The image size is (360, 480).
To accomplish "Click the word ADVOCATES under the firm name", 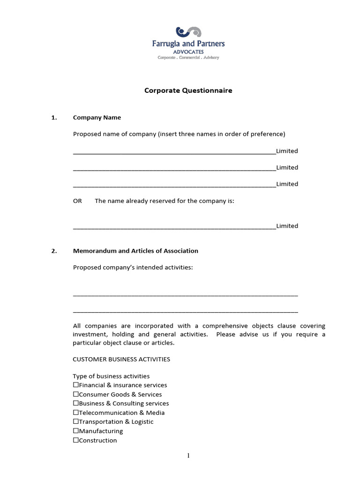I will [x=188, y=51].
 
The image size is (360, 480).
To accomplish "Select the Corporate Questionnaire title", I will [x=188, y=90].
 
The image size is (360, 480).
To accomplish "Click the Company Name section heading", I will [x=97, y=118].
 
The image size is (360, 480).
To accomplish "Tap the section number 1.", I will [x=54, y=118].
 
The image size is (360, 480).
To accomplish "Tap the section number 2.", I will [x=54, y=251].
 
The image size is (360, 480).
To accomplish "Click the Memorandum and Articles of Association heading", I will [x=135, y=251].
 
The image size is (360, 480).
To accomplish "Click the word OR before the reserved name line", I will [x=77, y=201].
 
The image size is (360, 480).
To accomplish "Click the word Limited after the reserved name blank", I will [x=287, y=226].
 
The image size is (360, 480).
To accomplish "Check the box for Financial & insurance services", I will [x=76, y=385].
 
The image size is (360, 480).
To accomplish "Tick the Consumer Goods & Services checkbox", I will [x=76, y=395].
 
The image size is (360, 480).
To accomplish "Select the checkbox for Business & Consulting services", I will [x=76, y=404].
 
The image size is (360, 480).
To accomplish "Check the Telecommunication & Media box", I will [x=76, y=413].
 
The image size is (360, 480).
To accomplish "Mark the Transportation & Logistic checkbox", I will [x=76, y=422].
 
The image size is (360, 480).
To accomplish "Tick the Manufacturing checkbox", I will [x=76, y=431].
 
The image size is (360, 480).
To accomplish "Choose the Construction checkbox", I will [x=76, y=441].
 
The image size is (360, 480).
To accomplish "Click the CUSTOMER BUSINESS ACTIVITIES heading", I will [x=121, y=359].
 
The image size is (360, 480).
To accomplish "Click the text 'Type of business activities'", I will [x=111, y=376].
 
